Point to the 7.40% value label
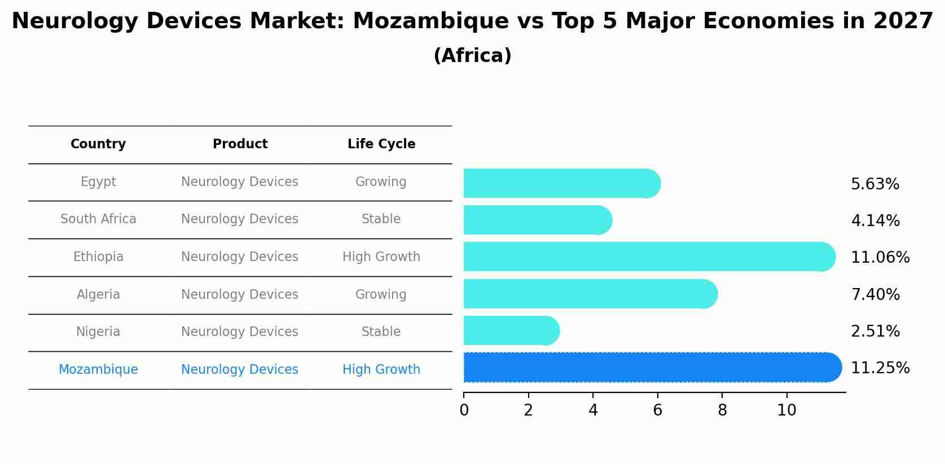click(875, 294)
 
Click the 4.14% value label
click(875, 220)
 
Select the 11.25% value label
click(880, 368)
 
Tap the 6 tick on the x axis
click(657, 410)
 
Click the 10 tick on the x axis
click(786, 410)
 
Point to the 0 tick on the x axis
click(464, 410)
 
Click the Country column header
click(98, 144)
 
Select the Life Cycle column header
click(381, 144)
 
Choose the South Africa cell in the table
click(98, 219)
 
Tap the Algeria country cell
click(98, 294)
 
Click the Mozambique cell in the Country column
click(98, 369)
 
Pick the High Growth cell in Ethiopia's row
click(381, 257)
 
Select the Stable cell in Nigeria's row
click(381, 332)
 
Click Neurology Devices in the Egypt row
click(240, 182)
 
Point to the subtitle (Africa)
click(473, 56)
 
